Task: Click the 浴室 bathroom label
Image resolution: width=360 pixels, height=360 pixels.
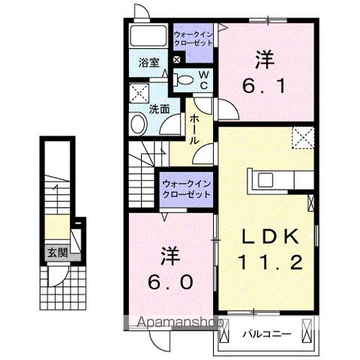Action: click(x=148, y=63)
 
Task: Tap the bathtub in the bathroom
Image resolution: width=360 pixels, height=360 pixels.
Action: click(x=148, y=36)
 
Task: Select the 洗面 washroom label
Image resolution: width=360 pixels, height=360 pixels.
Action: click(x=157, y=109)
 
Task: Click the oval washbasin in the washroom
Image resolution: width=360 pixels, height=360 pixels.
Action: click(x=138, y=124)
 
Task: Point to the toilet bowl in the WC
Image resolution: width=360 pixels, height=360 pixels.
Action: click(x=185, y=79)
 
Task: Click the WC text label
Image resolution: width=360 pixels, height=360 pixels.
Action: click(x=203, y=79)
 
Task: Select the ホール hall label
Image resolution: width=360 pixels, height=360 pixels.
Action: click(x=194, y=129)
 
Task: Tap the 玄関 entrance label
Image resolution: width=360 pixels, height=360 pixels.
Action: click(x=57, y=252)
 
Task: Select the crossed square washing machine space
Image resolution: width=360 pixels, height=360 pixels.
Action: click(x=139, y=94)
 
